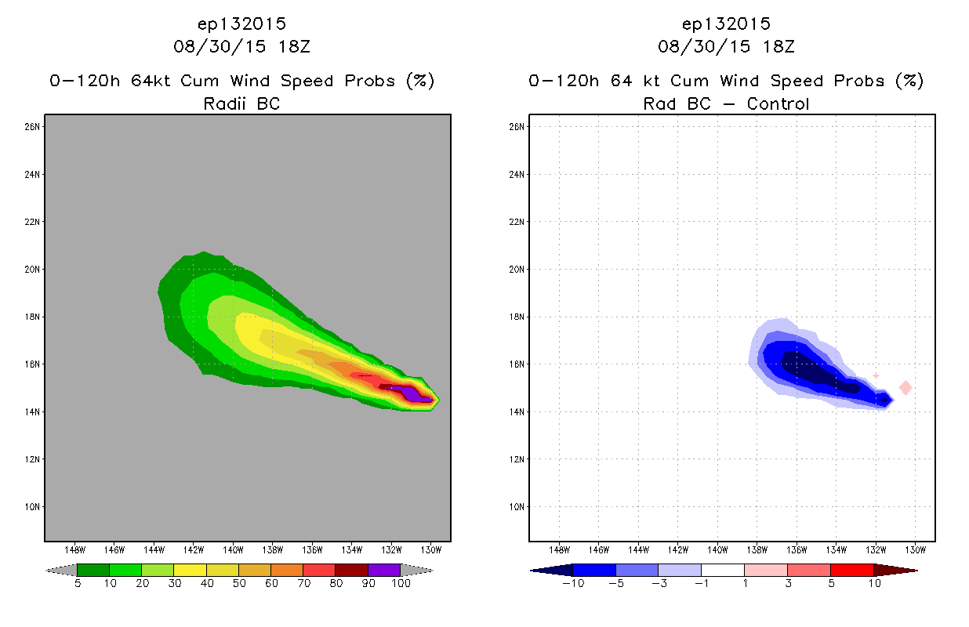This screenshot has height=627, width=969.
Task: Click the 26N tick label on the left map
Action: click(32, 127)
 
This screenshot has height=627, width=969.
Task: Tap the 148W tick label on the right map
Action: click(559, 550)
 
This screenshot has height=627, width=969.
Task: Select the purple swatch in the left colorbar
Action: click(384, 570)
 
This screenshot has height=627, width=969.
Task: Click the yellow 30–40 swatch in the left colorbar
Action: click(190, 570)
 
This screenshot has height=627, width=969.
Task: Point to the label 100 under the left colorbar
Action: click(401, 583)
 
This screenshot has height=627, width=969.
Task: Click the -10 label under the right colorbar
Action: click(573, 583)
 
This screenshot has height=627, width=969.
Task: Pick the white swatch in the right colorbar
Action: click(723, 570)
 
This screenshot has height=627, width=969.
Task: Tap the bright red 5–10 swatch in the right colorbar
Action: click(852, 570)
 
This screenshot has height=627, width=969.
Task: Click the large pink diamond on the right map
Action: click(905, 388)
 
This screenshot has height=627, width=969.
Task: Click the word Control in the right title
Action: click(778, 103)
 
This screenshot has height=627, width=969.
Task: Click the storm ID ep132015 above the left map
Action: click(241, 24)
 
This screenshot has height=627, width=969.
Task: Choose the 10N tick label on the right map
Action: click(517, 507)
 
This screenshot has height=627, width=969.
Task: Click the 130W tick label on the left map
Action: click(431, 550)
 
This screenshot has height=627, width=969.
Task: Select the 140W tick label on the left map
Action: click(233, 550)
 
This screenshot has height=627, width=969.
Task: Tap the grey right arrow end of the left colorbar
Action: click(417, 571)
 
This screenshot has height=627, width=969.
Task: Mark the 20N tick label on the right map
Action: click(517, 270)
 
